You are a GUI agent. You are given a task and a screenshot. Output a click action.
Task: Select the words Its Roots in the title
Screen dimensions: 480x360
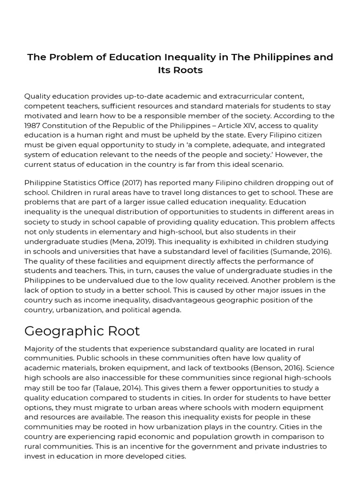pyautogui.click(x=180, y=70)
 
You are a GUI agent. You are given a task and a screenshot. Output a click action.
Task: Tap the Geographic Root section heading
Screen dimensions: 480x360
pyautogui.click(x=82, y=331)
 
